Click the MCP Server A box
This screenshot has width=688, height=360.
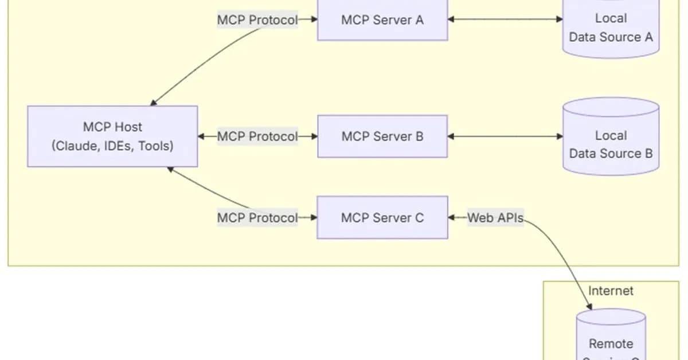382,20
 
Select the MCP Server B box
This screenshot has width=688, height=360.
382,136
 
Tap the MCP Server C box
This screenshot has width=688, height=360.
382,217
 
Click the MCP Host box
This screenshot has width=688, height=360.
112,136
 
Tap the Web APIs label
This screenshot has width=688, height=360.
495,217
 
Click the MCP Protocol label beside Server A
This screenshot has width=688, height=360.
257,20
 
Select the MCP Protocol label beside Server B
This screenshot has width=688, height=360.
257,136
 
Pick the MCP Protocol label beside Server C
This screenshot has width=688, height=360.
257,218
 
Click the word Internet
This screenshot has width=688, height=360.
611,291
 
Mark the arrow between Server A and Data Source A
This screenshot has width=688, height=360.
505,19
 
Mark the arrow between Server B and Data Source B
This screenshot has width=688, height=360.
505,136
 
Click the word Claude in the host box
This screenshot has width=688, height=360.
72,146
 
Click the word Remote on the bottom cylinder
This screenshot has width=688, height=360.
611,344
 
